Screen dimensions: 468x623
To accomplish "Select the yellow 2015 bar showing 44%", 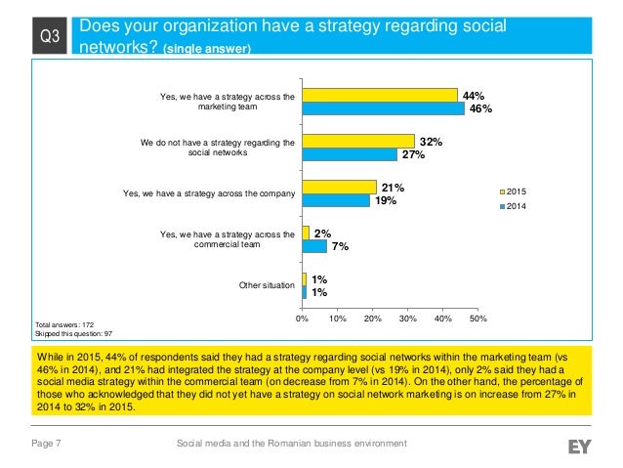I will pyautogui.click(x=379, y=96).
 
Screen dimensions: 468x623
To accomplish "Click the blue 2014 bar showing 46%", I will pyautogui.click(x=383, y=109).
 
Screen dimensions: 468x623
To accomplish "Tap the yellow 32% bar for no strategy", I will pyautogui.click(x=357, y=142).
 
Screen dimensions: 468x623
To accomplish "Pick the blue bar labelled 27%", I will pyautogui.click(x=349, y=154).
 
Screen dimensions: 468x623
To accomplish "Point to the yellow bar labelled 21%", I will pyautogui.click(x=339, y=187).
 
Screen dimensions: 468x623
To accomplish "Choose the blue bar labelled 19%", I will pyautogui.click(x=335, y=200).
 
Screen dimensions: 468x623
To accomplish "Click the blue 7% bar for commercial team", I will pyautogui.click(x=314, y=246).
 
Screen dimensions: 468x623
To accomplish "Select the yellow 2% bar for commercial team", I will pyautogui.click(x=306, y=233).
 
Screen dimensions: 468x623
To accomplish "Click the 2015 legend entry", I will pyautogui.click(x=519, y=192).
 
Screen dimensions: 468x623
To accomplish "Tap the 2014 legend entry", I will pyautogui.click(x=519, y=206).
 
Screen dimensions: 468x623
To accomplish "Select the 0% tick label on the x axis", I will pyautogui.click(x=302, y=319).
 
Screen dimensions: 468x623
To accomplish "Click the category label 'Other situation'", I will pyautogui.click(x=267, y=284).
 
